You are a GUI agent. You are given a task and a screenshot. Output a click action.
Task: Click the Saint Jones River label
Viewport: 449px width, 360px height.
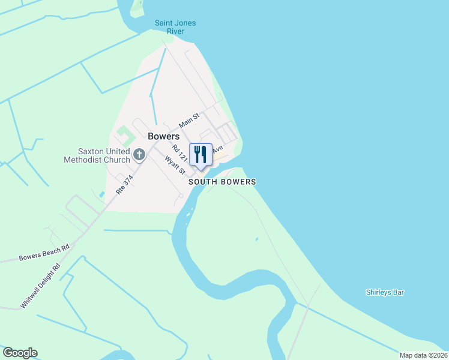(175, 27)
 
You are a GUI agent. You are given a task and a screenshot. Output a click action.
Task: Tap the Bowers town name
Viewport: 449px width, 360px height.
(164, 136)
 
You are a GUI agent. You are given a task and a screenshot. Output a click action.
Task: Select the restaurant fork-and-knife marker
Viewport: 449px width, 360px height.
(200, 154)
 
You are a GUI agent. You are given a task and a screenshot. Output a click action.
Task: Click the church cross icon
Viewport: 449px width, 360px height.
(139, 155)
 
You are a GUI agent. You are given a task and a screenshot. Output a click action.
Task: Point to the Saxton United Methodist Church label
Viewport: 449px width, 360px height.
(97, 155)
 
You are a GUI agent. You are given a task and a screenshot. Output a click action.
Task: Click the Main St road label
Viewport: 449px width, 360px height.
(189, 120)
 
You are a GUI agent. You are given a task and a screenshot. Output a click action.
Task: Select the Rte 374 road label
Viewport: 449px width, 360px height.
(124, 184)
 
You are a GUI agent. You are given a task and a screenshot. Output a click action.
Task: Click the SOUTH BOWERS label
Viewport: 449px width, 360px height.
(222, 182)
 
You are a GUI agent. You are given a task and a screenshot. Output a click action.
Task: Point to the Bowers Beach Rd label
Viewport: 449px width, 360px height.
(44, 252)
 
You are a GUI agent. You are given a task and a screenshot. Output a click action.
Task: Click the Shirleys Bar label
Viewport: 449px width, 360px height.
(385, 293)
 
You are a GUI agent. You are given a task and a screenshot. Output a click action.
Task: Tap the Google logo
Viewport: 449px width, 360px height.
(20, 353)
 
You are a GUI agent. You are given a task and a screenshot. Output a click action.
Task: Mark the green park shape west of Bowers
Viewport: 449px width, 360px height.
(124, 134)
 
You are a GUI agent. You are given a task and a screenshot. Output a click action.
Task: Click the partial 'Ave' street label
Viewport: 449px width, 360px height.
(217, 148)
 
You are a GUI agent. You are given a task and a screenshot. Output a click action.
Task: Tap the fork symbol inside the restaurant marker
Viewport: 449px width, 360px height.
(196, 154)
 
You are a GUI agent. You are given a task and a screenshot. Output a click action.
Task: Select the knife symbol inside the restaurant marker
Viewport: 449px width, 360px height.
(204, 154)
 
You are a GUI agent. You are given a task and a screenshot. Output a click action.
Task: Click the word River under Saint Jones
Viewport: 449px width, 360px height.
(175, 31)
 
